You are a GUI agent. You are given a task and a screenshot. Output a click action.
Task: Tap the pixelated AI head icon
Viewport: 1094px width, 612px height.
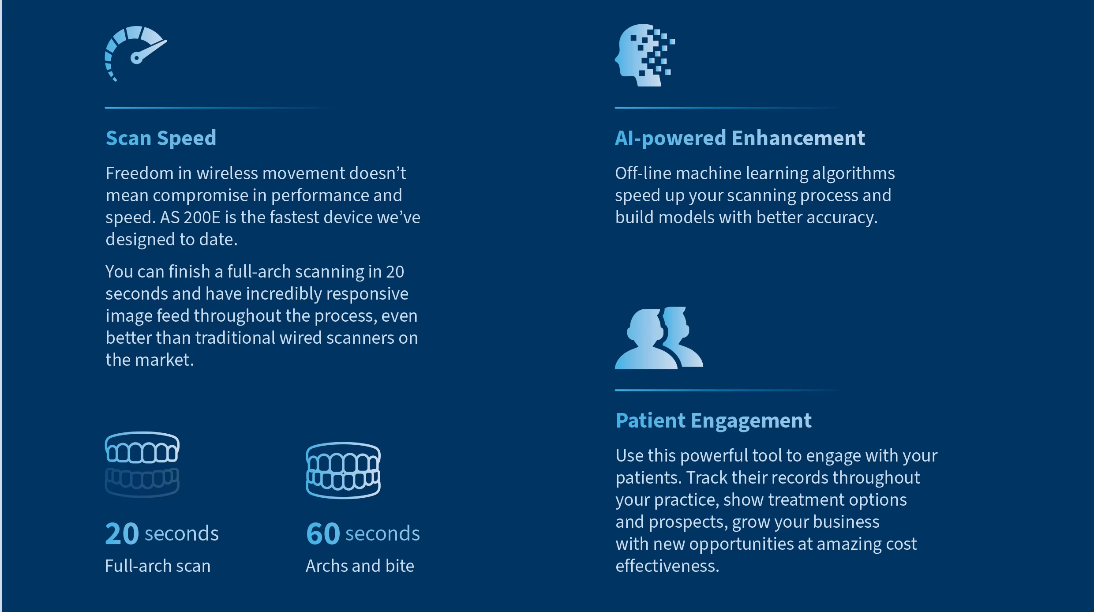[x=644, y=55]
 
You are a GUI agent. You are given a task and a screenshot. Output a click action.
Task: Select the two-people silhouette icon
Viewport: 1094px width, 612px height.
[x=659, y=338]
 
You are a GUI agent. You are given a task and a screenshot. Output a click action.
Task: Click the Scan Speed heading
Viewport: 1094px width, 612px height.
[x=161, y=138]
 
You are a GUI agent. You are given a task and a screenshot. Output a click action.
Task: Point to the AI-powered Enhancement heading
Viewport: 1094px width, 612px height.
[x=740, y=138]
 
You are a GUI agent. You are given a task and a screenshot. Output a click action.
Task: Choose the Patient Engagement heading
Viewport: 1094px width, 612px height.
[x=713, y=421]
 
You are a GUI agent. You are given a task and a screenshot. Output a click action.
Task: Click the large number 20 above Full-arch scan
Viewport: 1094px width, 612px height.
[x=122, y=533]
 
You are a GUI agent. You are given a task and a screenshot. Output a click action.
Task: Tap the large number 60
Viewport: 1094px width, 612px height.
[x=323, y=533]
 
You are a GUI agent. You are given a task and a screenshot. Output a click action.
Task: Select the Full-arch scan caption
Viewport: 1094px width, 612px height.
[x=158, y=566]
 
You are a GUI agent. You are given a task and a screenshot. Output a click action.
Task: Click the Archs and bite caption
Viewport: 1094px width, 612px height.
[x=360, y=566]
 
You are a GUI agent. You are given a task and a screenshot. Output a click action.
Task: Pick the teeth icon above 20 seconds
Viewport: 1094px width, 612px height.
[x=142, y=464]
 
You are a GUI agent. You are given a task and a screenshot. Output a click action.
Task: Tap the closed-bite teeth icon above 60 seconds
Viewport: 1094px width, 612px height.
[x=343, y=470]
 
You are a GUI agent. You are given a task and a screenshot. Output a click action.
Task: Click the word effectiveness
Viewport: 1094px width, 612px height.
[x=667, y=566]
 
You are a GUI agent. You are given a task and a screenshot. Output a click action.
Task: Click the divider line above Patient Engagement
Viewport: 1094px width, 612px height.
[x=728, y=390]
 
